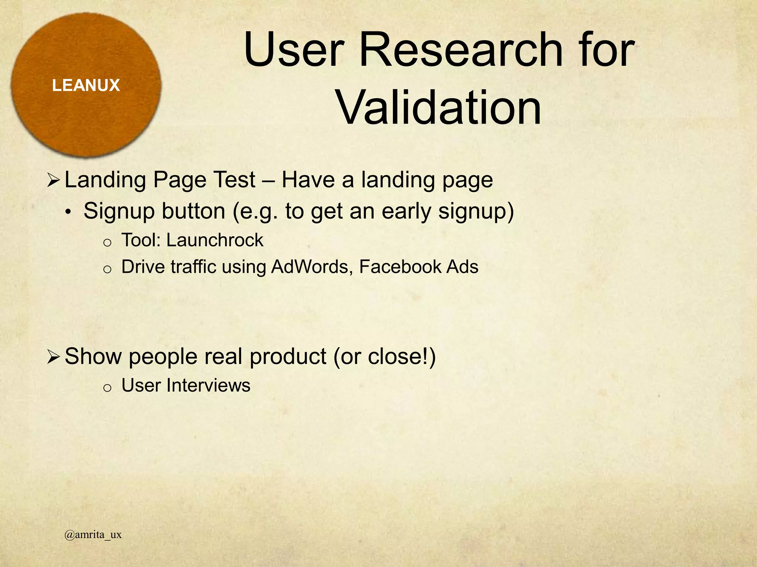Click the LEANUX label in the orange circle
(86, 86)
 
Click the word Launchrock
(215, 240)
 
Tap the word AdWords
(310, 267)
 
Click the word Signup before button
(117, 212)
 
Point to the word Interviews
(208, 385)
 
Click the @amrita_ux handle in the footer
(93, 535)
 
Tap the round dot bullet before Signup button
(68, 213)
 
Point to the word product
(288, 357)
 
